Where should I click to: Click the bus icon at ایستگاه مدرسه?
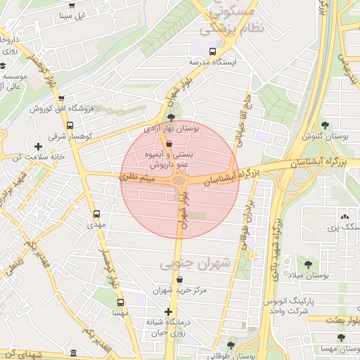click(212, 51)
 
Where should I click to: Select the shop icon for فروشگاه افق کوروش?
click(61, 99)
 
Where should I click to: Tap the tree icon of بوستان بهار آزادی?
click(172, 117)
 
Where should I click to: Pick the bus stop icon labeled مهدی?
click(96, 214)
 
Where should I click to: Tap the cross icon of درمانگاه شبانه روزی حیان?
click(168, 311)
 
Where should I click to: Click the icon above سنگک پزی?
click(345, 216)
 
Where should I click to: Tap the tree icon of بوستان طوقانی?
click(231, 345)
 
